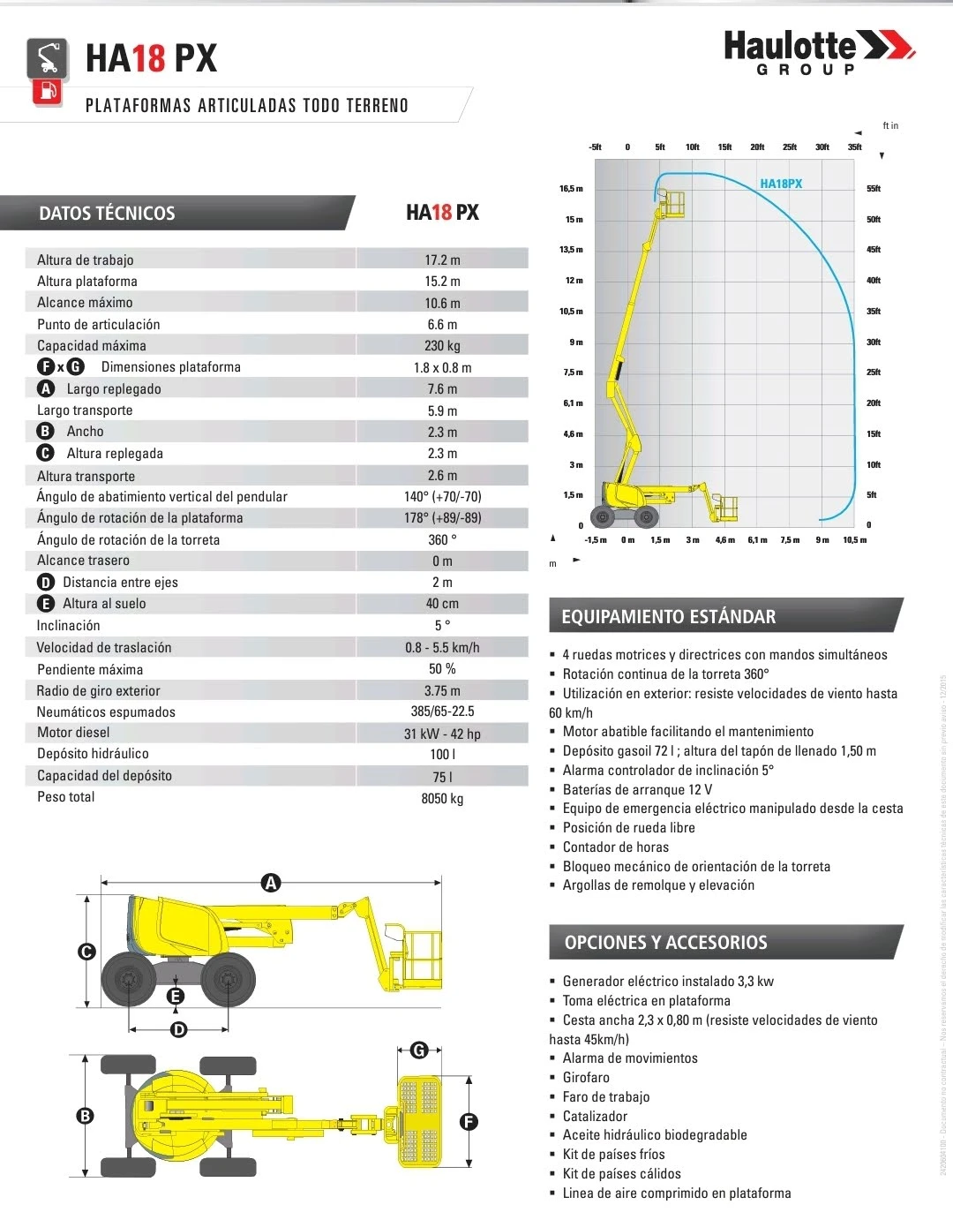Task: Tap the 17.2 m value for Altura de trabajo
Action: tap(442, 260)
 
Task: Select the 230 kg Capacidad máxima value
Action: tap(442, 346)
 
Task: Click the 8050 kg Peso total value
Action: tap(442, 798)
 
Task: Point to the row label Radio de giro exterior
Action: tap(99, 691)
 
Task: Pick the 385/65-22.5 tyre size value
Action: tap(442, 711)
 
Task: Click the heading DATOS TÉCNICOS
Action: tap(107, 214)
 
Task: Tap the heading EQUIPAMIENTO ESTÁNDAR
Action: tap(668, 617)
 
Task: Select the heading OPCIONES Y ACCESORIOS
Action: tap(665, 943)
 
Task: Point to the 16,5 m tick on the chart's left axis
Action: tap(571, 189)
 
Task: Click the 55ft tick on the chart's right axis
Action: tap(874, 189)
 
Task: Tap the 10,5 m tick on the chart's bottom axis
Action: tap(854, 540)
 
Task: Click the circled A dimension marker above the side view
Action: tap(271, 883)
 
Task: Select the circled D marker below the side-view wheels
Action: tap(179, 1029)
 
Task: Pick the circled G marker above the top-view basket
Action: tap(420, 1050)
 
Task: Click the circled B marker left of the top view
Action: tap(86, 1116)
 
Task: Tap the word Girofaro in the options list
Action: tap(586, 1078)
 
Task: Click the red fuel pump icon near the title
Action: tap(48, 91)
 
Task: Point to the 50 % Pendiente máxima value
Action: tap(442, 669)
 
